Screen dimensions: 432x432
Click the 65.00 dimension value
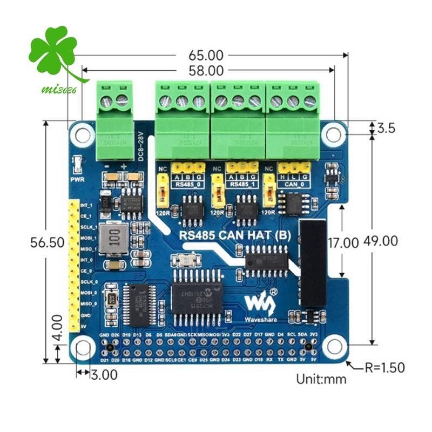tap(206, 55)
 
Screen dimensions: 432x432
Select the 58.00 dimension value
tap(206, 70)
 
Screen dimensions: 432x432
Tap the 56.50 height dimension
tap(48, 243)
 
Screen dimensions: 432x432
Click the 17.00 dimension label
tap(343, 243)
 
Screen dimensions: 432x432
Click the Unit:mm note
tap(321, 379)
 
